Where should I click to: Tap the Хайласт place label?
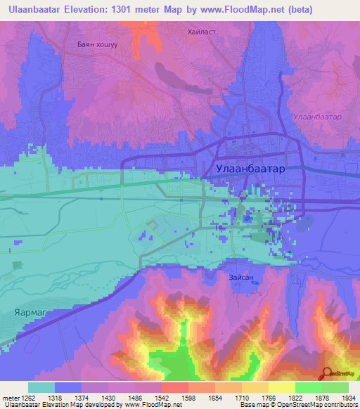(204, 32)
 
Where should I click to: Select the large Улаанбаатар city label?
(250, 169)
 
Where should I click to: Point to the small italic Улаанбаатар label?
(317, 117)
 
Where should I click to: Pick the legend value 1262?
(28, 397)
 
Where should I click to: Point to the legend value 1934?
(348, 397)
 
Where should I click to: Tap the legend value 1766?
(269, 397)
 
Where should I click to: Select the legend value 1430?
(108, 397)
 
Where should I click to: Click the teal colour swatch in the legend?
(41, 387)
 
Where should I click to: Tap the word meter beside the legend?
(10, 397)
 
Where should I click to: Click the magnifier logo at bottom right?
(328, 372)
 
